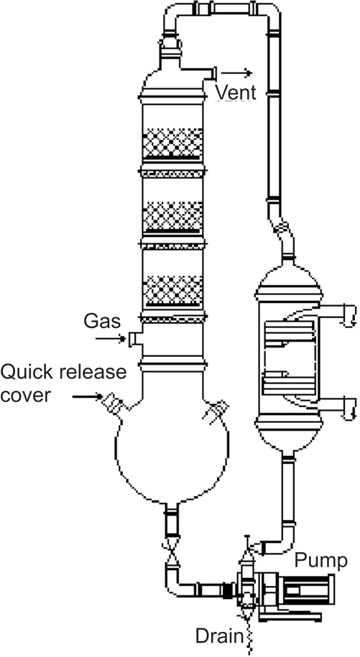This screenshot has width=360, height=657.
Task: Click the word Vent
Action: tap(236, 92)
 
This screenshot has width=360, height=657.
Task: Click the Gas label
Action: tap(102, 322)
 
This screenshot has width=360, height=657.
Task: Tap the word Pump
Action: tap(320, 561)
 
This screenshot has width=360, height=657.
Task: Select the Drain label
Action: tap(220, 636)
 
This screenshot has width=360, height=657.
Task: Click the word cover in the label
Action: tap(25, 395)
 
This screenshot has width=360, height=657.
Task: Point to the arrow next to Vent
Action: tap(236, 73)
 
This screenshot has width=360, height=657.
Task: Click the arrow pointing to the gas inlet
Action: tap(111, 337)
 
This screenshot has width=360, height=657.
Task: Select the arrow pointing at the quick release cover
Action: tap(88, 396)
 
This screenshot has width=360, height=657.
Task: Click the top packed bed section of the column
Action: tap(172, 143)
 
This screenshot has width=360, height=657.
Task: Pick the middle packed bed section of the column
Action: tap(172, 216)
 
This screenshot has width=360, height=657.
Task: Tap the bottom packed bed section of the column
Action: tap(172, 290)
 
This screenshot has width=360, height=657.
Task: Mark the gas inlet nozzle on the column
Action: tap(135, 339)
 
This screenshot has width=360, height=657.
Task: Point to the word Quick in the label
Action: tap(19, 373)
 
